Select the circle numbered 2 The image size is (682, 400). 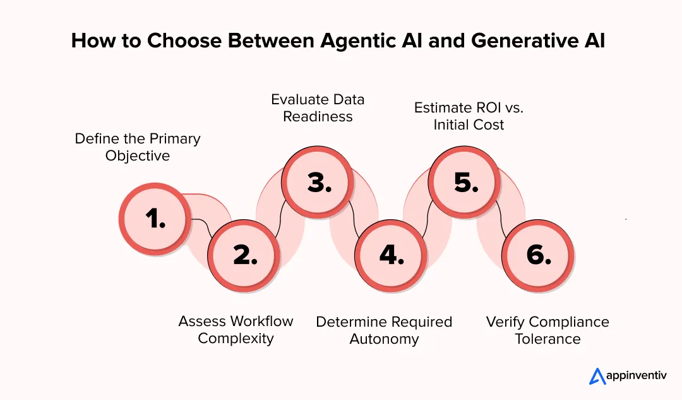point(243,255)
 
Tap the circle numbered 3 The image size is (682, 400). point(317,183)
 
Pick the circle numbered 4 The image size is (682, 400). point(390,255)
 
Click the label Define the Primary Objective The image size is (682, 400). point(138,147)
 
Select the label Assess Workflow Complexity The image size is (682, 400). point(236,329)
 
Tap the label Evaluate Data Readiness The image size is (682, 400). point(318,108)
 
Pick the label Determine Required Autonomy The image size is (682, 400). point(384,330)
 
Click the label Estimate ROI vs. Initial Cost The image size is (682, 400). point(469,116)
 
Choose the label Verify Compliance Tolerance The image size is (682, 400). point(547,330)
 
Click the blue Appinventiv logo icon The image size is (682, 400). point(597,376)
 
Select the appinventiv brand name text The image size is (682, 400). point(637,377)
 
